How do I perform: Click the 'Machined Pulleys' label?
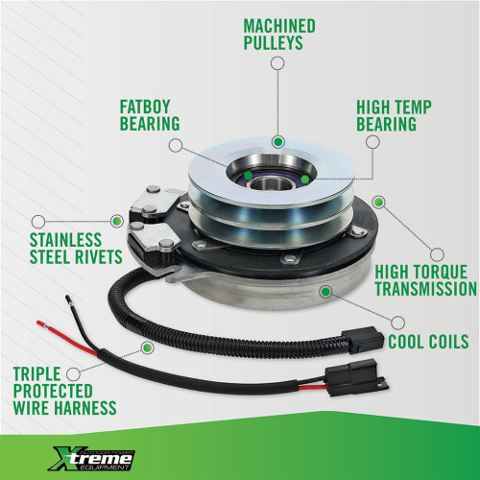click(x=277, y=35)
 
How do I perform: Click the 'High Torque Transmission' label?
click(x=424, y=279)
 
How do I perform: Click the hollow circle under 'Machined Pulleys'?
click(x=277, y=64)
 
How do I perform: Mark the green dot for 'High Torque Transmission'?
click(x=378, y=203)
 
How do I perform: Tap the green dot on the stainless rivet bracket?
click(x=116, y=221)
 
